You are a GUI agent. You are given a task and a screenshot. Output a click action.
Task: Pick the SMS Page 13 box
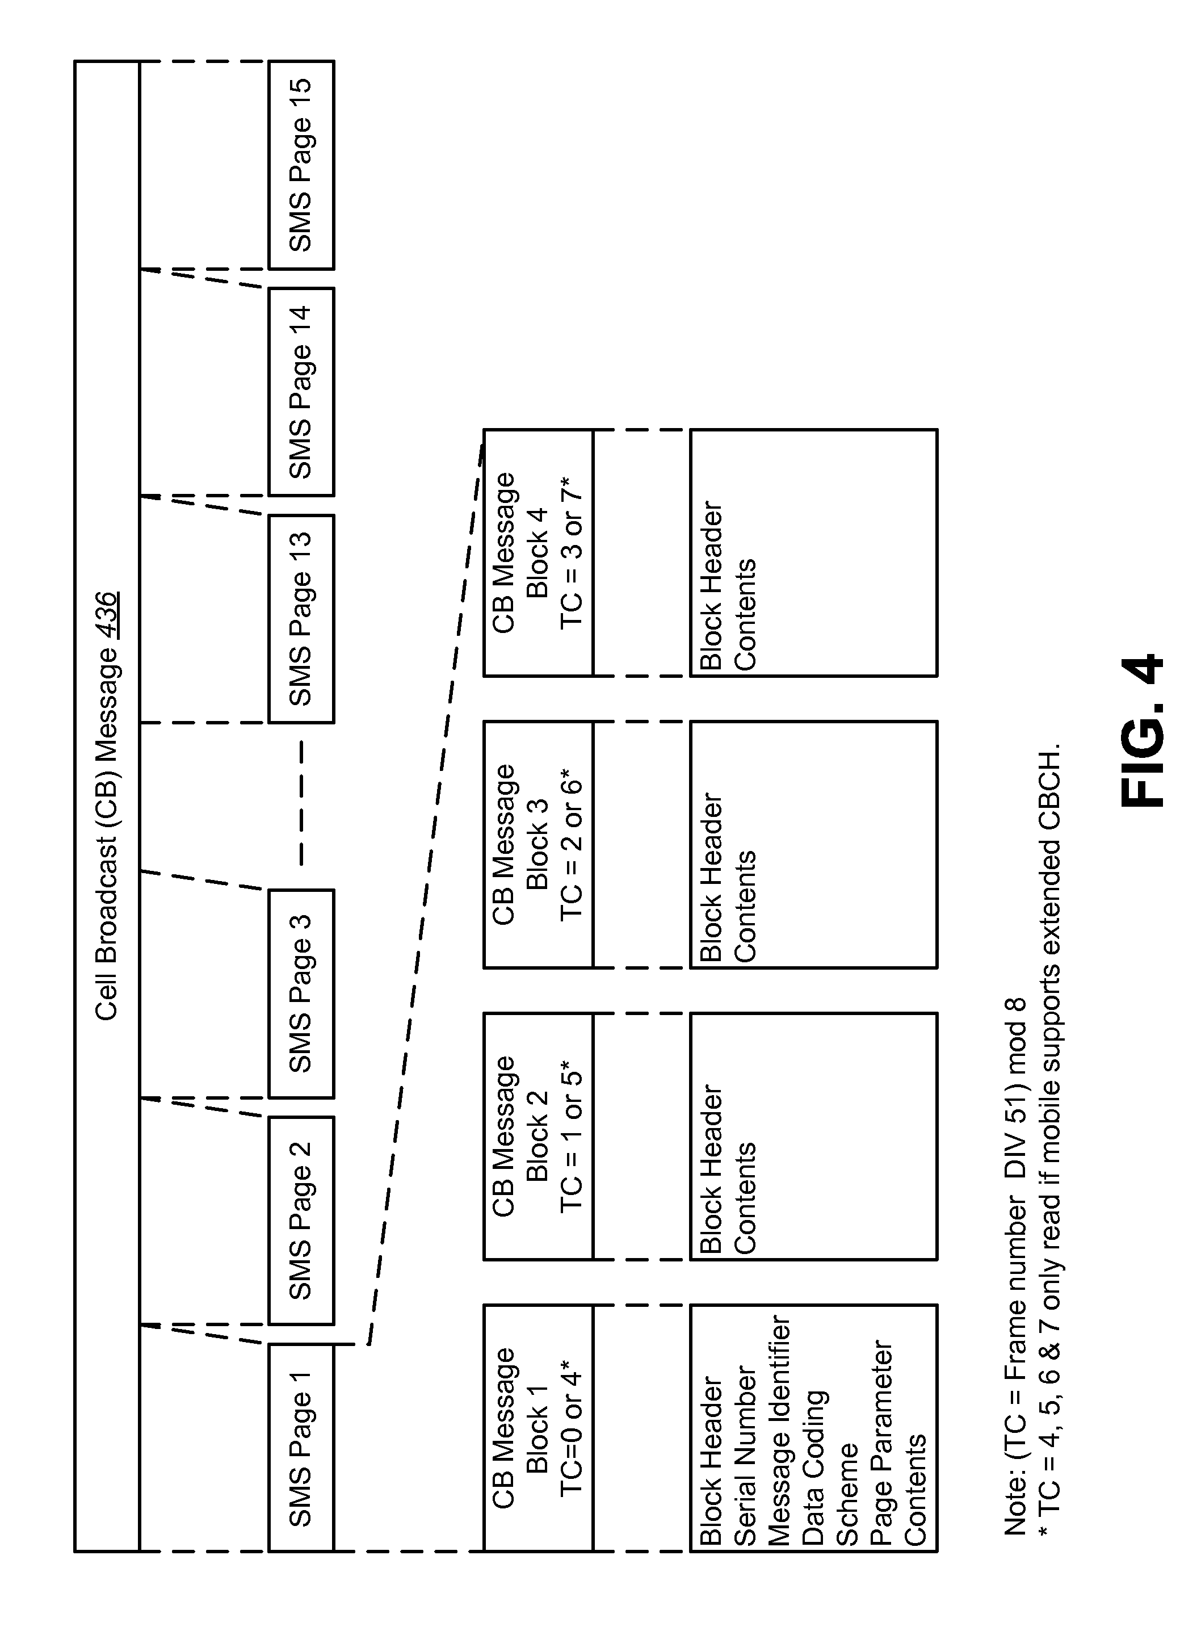point(300,619)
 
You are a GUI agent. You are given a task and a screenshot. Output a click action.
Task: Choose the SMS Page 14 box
point(300,392)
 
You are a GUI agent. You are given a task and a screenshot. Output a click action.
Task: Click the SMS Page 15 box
point(300,165)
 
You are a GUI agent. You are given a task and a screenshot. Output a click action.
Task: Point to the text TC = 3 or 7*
point(572,552)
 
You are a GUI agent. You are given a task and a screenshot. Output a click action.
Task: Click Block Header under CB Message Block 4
point(712,585)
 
